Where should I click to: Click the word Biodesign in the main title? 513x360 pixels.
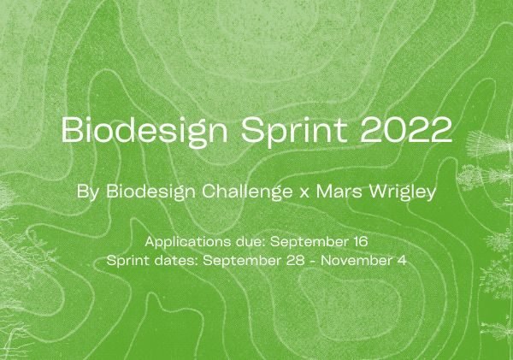coord(144,131)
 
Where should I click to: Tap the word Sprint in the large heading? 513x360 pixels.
coord(294,131)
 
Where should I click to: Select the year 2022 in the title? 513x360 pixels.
coord(406,130)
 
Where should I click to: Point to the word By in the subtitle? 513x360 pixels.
coord(87,192)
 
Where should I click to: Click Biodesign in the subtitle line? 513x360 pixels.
coord(150,192)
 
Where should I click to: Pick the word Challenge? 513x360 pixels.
coord(247,192)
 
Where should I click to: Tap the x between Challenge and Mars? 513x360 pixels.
coord(304,193)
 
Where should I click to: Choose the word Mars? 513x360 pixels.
coord(339,192)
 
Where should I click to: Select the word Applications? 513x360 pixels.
coord(187,242)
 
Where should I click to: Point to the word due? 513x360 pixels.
coord(251,242)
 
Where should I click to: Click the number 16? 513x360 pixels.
coord(361,242)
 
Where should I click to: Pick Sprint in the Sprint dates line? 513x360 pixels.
coord(128,261)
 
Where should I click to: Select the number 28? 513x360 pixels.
coord(296,261)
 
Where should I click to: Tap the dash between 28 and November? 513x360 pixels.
coord(313,262)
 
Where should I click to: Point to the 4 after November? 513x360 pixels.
coord(402,261)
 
